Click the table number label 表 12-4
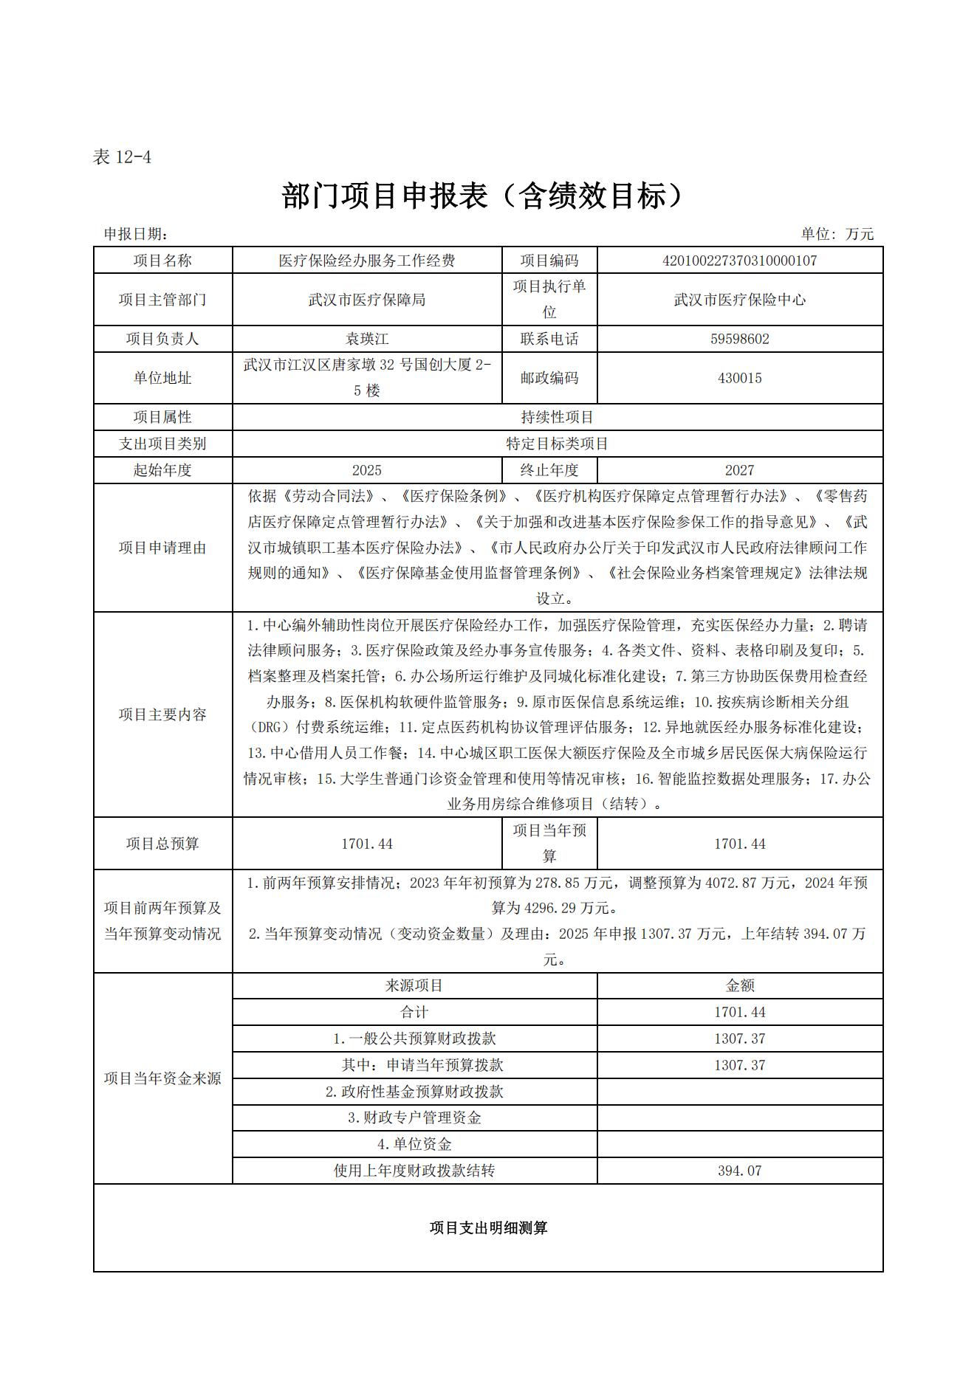point(122,156)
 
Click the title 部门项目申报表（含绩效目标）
point(484,196)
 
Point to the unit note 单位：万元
point(837,234)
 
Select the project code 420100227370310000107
point(739,261)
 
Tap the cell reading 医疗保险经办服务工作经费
point(366,261)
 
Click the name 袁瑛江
point(366,339)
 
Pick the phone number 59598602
point(739,339)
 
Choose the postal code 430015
point(739,378)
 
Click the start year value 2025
point(366,470)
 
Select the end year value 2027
point(739,470)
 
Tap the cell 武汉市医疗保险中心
point(739,300)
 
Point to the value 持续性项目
point(557,417)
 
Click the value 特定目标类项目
point(557,444)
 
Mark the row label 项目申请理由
point(162,548)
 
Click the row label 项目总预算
point(162,844)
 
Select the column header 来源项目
point(414,985)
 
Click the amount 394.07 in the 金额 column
point(739,1171)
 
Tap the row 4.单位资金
point(414,1144)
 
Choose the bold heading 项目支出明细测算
point(488,1228)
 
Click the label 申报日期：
point(136,234)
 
